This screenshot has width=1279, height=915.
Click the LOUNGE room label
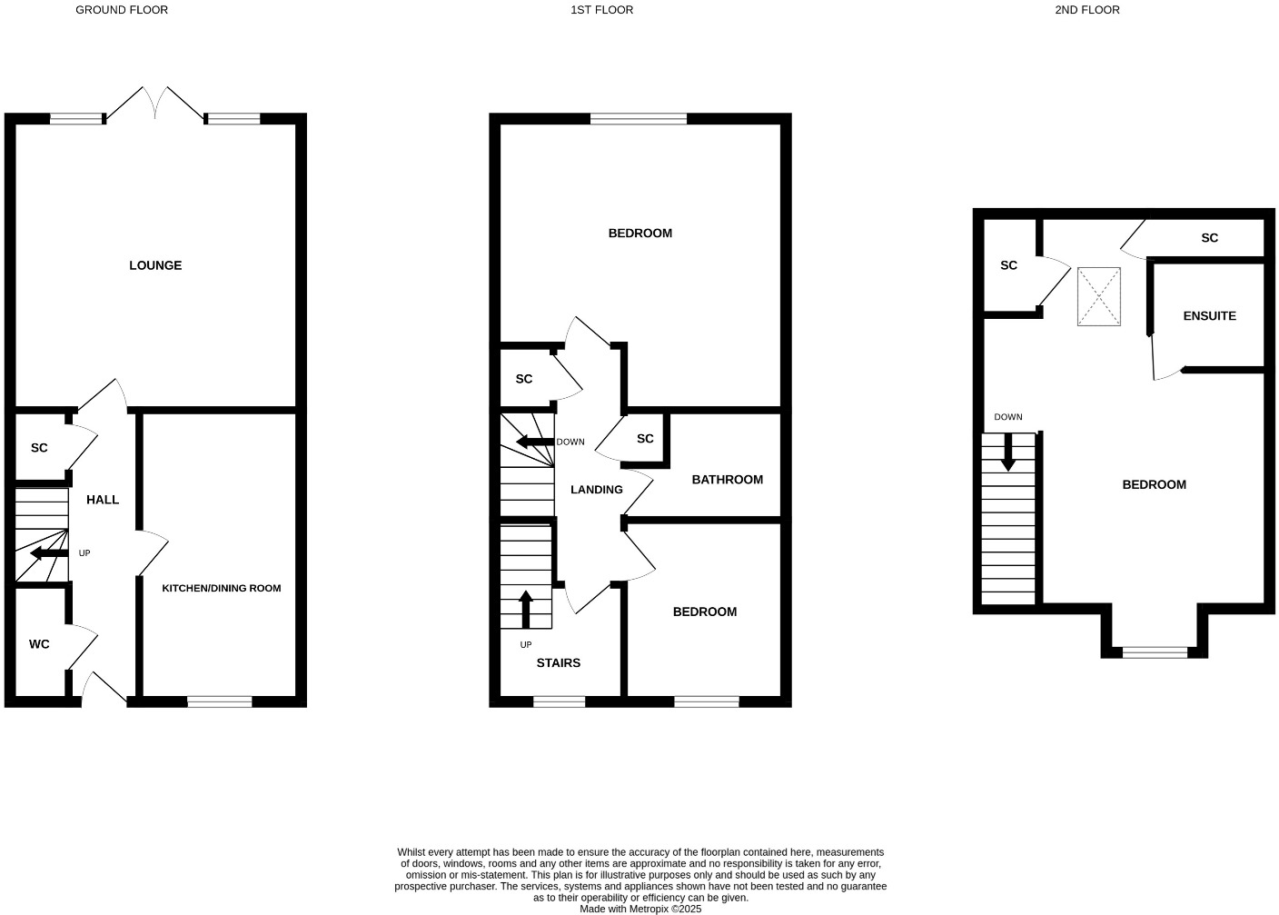point(155,265)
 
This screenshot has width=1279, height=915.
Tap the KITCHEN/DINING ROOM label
point(222,588)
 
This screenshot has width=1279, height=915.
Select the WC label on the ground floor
point(39,644)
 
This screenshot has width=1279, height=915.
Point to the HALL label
point(103,500)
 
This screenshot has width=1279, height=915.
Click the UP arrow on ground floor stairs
point(48,553)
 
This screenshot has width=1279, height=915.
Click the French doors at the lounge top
point(155,103)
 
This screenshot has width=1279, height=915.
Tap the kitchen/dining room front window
point(219,701)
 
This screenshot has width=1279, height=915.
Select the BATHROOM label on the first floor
point(727,480)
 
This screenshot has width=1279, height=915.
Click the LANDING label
point(597,490)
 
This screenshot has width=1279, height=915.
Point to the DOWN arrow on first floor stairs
point(534,443)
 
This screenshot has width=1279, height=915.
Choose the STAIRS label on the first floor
point(558,663)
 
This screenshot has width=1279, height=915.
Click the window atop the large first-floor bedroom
point(639,118)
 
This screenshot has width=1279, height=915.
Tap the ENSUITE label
point(1209,316)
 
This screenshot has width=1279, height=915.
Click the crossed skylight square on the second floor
point(1099,296)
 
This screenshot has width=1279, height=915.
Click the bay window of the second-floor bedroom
point(1155,651)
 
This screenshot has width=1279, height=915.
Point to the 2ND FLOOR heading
point(1087,10)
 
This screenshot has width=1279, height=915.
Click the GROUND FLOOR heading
point(122,10)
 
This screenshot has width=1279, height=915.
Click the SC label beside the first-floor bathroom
point(645,439)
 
